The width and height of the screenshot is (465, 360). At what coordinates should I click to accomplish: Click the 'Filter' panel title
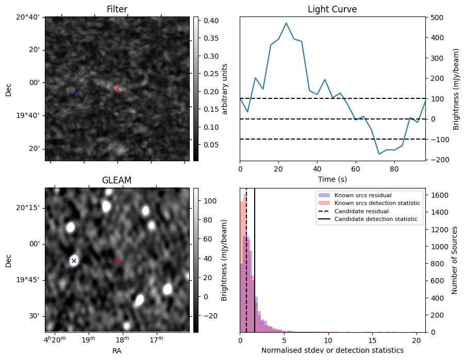pyautogui.click(x=117, y=9)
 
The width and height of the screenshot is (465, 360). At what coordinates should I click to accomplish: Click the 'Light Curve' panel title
pyautogui.click(x=332, y=9)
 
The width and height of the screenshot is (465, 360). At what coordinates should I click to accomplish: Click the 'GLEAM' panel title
pyautogui.click(x=117, y=180)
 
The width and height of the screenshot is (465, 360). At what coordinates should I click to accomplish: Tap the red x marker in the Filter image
pyautogui.click(x=117, y=89)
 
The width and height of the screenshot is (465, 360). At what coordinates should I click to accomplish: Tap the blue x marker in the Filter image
pyautogui.click(x=74, y=92)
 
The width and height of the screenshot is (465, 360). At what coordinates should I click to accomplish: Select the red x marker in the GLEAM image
pyautogui.click(x=117, y=261)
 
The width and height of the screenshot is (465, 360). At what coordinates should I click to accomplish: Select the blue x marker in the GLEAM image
pyautogui.click(x=74, y=261)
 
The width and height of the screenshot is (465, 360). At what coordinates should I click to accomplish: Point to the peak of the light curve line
pyautogui.click(x=286, y=23)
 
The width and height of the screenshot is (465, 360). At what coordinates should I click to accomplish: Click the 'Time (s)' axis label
pyautogui.click(x=332, y=179)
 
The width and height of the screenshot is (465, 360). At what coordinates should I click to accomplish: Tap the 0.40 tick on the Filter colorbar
pyautogui.click(x=208, y=21)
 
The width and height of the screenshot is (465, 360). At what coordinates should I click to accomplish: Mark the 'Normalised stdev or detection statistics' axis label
pyautogui.click(x=332, y=350)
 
